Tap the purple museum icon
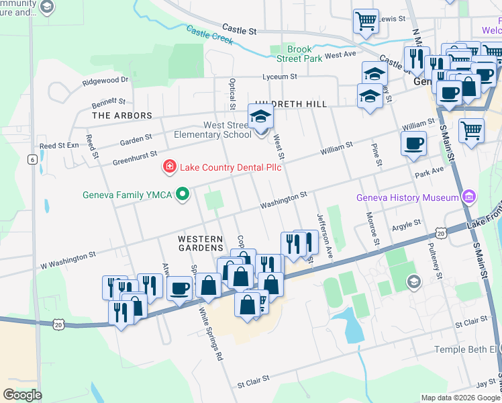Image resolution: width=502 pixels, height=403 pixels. pyautogui.click(x=469, y=197)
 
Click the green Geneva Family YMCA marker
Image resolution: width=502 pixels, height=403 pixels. pyautogui.click(x=181, y=195)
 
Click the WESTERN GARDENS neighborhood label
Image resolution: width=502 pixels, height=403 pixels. pyautogui.click(x=200, y=244)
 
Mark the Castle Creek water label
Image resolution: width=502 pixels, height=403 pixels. pyautogui.click(x=209, y=35)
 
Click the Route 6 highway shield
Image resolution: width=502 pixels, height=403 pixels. pyautogui.click(x=32, y=159)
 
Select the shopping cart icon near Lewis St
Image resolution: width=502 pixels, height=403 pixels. pyautogui.click(x=366, y=21)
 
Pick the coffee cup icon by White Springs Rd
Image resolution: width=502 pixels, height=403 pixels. pyautogui.click(x=179, y=288)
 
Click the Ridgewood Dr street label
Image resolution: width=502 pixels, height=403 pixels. pyautogui.click(x=105, y=80)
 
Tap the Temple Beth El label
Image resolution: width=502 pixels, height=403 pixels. pyautogui.click(x=465, y=349)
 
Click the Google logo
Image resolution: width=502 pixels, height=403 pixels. pyautogui.click(x=23, y=394)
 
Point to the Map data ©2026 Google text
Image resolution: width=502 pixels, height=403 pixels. pyautogui.click(x=460, y=398)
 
